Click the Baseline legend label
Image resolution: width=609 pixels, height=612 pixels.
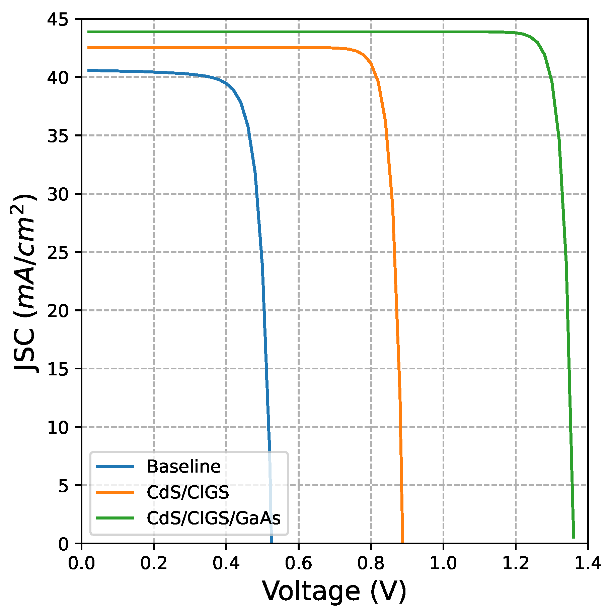tap(183, 467)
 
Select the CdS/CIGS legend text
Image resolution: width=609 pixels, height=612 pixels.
tap(187, 492)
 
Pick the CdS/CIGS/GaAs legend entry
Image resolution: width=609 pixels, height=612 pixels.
tap(213, 518)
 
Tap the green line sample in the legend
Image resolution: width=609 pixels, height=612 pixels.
tap(115, 518)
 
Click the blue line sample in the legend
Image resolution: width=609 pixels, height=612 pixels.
tap(115, 467)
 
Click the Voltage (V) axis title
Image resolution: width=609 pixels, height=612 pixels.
tap(334, 591)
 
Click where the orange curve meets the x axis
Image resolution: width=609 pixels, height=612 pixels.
tap(402, 542)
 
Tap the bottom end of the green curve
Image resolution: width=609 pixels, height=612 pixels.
tap(574, 538)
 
